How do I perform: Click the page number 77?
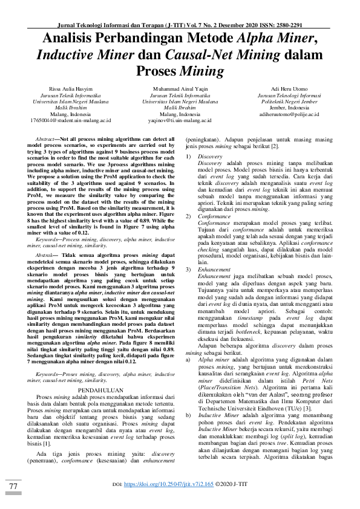pos(13,486)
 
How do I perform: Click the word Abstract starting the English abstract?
pos(46,139)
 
